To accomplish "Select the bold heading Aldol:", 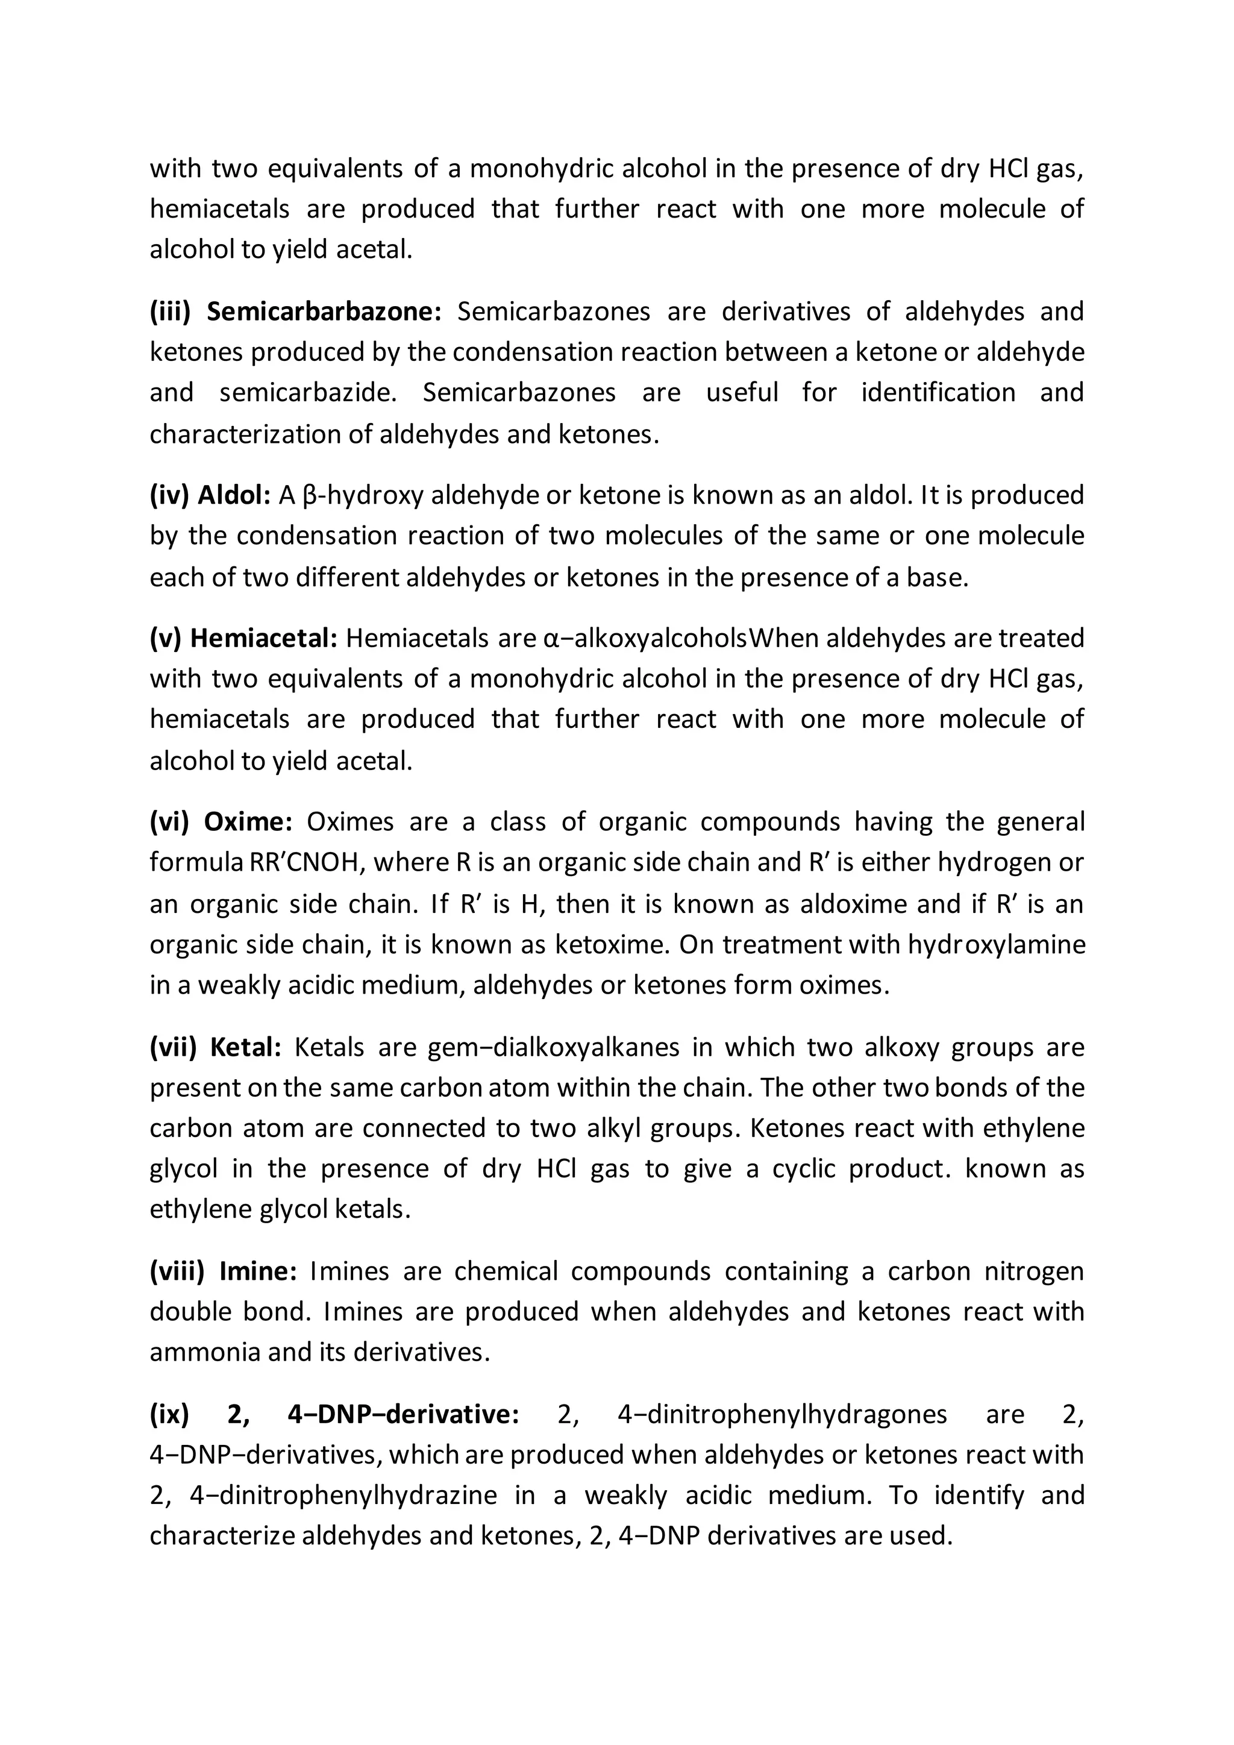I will coord(234,495).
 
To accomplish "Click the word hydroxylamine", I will coord(996,945).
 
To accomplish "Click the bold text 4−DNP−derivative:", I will coord(404,1414).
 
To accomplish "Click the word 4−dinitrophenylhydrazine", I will coord(343,1496).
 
